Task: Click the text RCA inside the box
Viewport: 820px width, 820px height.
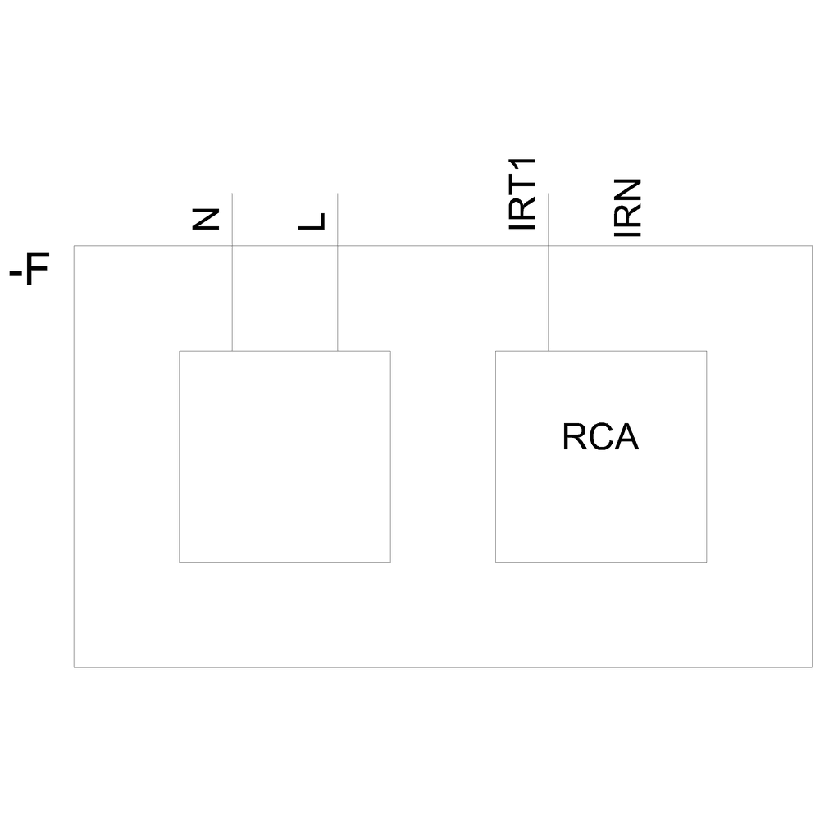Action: point(600,438)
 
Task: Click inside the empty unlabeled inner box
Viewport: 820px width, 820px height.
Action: point(285,456)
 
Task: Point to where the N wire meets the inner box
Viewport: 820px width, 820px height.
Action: point(233,351)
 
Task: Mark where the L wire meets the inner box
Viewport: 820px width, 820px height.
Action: point(338,351)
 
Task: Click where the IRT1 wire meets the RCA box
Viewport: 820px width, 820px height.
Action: point(549,351)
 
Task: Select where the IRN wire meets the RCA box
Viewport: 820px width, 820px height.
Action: point(654,351)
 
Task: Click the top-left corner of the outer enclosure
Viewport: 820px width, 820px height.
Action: point(75,246)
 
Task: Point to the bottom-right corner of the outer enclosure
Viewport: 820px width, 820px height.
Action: point(812,667)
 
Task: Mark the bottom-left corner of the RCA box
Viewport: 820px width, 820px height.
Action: point(496,562)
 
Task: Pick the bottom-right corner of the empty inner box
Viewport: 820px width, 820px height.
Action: point(390,562)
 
